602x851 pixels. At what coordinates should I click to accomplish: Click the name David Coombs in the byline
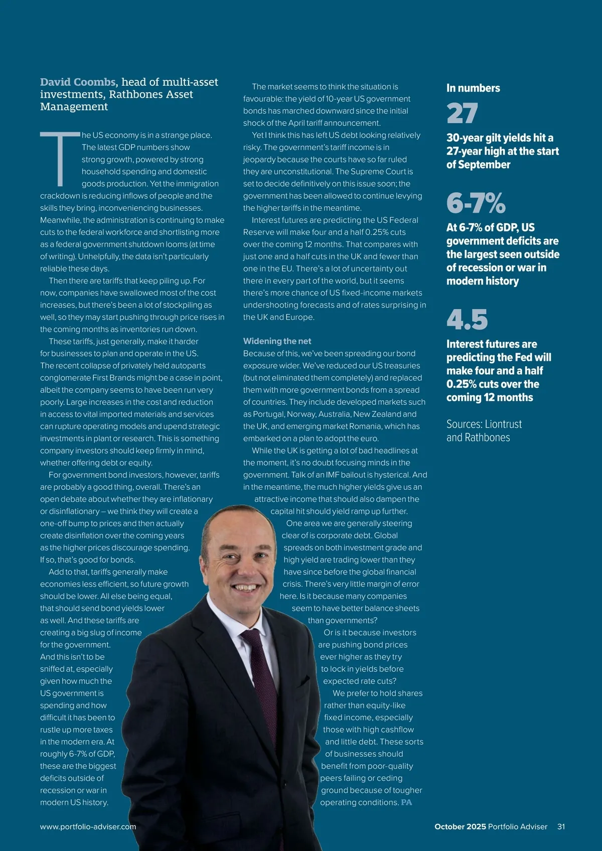click(x=78, y=82)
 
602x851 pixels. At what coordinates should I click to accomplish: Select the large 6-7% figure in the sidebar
click(x=476, y=203)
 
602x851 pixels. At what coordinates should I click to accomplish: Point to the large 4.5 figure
click(x=467, y=320)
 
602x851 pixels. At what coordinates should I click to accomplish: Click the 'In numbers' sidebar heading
click(x=473, y=88)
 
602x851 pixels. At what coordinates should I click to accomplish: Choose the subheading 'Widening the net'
click(x=277, y=341)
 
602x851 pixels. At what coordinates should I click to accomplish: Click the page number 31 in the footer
click(x=561, y=826)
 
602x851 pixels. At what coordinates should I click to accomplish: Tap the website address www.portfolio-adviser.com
click(x=88, y=826)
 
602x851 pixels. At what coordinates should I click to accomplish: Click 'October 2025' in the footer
click(x=460, y=826)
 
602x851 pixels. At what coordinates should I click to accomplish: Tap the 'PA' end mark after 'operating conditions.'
click(x=406, y=802)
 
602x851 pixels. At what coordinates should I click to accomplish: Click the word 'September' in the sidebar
click(x=485, y=165)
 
